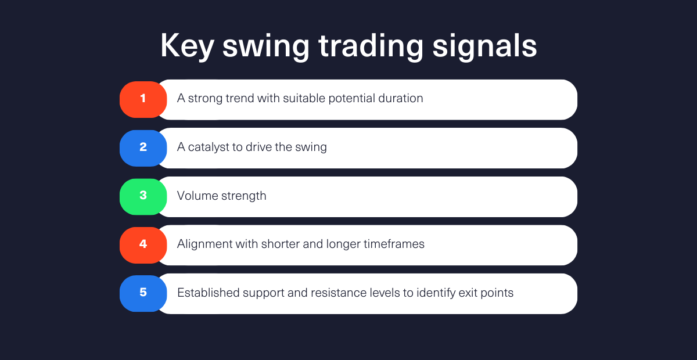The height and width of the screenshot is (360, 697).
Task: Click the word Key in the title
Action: [187, 46]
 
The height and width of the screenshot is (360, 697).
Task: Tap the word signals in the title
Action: [485, 46]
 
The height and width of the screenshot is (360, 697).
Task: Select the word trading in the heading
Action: [371, 46]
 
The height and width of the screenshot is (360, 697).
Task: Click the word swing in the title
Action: [266, 46]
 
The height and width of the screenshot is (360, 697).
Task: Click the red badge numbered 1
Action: [143, 99]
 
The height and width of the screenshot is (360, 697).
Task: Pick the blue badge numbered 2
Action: [143, 148]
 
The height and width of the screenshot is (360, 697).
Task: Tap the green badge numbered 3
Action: [143, 197]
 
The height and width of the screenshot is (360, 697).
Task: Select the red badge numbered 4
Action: [143, 245]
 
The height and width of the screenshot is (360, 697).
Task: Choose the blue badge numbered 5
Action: [143, 293]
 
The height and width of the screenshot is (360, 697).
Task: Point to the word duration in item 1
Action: [401, 98]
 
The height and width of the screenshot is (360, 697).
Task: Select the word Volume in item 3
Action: [197, 196]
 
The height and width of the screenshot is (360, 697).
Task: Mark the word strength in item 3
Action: [243, 196]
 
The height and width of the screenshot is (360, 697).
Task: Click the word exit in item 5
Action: [468, 293]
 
